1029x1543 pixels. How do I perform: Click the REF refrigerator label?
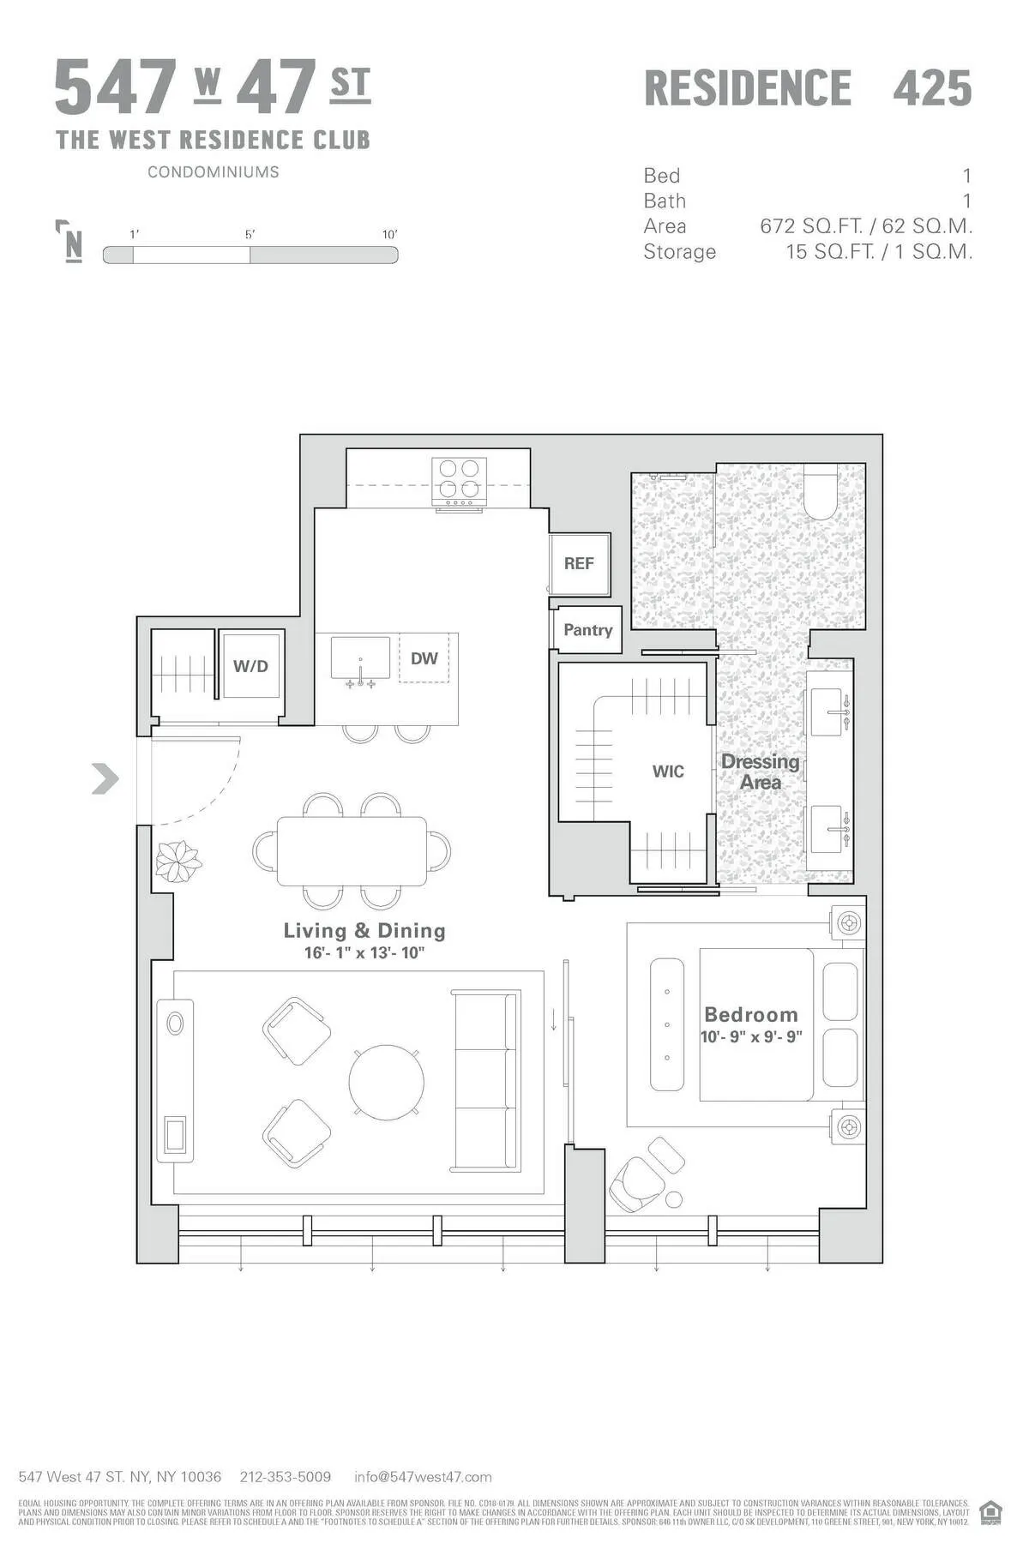(579, 563)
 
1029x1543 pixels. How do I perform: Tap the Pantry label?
(587, 630)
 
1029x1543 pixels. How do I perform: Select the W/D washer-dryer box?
(250, 666)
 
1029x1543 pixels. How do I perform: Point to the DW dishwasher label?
(424, 658)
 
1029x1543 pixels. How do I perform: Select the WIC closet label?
(668, 771)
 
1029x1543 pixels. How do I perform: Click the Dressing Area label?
(760, 771)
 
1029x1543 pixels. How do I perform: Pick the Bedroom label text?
(751, 1015)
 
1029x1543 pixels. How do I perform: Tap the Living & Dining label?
(364, 931)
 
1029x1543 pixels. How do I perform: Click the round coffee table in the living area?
(386, 1081)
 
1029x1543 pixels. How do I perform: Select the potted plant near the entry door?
(178, 860)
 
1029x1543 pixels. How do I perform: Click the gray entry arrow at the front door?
(105, 778)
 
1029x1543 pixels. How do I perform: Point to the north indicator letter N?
(74, 245)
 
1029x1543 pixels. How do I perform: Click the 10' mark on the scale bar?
(390, 235)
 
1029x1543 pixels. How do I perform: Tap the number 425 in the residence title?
(932, 88)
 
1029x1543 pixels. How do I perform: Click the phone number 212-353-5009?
(286, 1477)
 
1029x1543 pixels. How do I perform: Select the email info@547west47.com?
(423, 1477)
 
